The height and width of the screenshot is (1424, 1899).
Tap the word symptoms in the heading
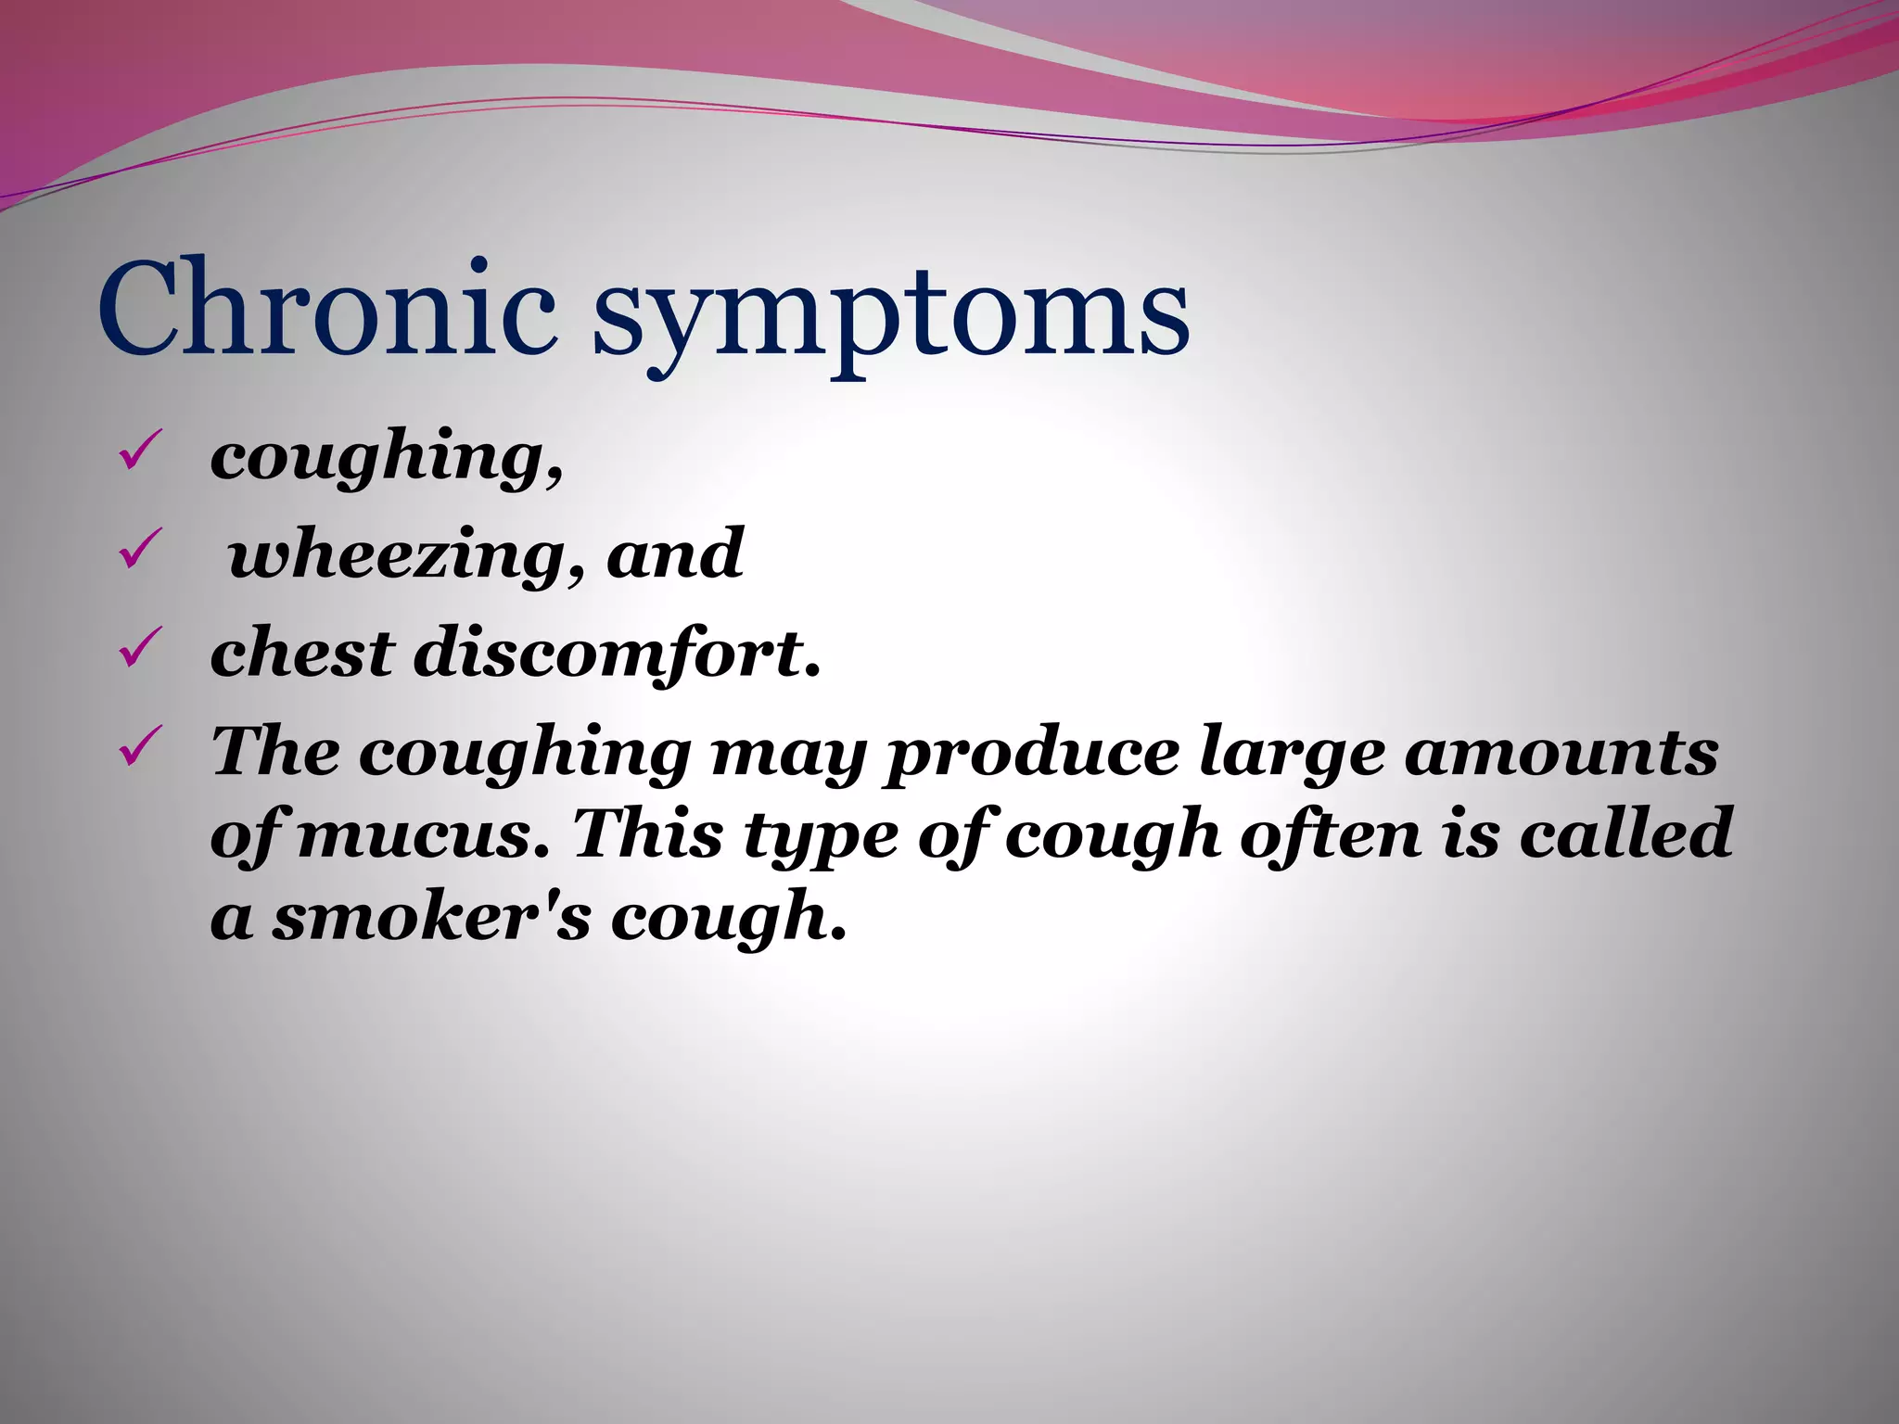890,315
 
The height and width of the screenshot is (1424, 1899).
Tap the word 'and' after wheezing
674,554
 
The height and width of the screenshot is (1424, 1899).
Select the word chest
302,653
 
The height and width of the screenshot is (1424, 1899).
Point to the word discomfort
616,653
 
